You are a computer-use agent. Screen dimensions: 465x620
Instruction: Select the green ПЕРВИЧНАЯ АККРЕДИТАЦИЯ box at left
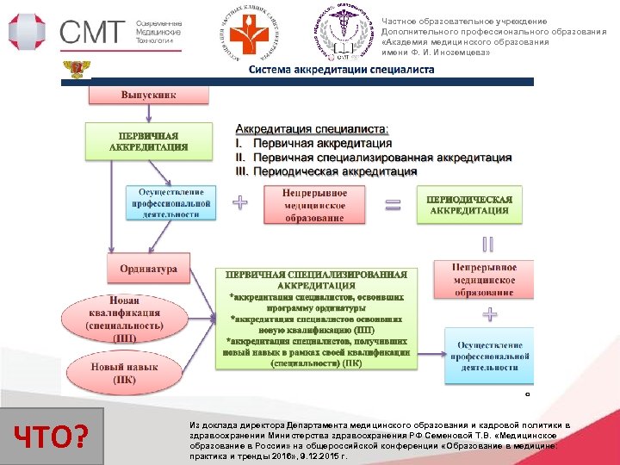tap(148, 141)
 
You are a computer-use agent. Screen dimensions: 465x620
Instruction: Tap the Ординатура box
tap(148, 270)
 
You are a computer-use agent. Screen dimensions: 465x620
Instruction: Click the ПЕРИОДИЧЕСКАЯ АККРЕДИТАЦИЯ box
tap(469, 205)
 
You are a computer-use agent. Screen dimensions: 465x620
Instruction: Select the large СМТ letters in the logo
tap(92, 32)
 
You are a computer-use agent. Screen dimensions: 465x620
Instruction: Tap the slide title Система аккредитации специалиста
tap(341, 70)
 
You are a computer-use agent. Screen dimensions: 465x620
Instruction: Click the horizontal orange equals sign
tap(394, 205)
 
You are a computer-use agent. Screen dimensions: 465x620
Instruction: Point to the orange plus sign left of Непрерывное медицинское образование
tap(240, 203)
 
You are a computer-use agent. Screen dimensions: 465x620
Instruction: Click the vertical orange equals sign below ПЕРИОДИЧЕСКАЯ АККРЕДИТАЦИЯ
tap(487, 245)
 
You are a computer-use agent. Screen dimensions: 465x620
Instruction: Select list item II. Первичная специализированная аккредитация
tap(374, 158)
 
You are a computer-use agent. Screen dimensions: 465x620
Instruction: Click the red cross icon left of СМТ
tap(28, 32)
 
